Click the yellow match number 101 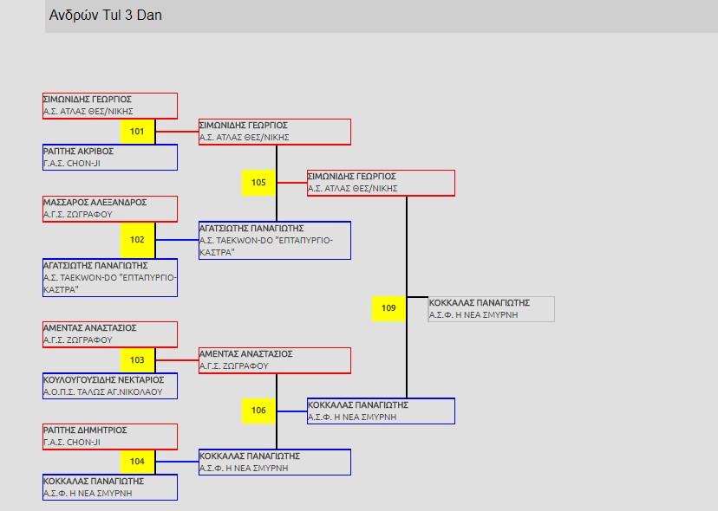click(137, 132)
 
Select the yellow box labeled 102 click(137, 240)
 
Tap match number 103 click(137, 360)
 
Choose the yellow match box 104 click(137, 462)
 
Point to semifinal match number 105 click(258, 183)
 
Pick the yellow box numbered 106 click(258, 411)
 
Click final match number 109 click(388, 308)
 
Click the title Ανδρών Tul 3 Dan click(106, 16)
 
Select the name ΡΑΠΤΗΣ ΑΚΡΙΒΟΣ click(78, 152)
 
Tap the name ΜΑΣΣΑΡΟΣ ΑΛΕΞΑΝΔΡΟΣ click(95, 203)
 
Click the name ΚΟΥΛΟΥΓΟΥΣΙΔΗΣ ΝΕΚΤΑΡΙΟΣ click(103, 379)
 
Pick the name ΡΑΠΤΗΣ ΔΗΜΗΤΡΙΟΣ click(85, 430)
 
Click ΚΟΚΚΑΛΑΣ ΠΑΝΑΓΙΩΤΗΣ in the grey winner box click(479, 303)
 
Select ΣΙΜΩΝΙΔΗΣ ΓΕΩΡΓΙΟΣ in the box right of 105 click(351, 177)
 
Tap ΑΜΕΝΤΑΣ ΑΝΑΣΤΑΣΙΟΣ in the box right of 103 click(245, 354)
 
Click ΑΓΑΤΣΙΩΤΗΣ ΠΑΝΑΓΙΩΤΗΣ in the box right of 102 click(251, 229)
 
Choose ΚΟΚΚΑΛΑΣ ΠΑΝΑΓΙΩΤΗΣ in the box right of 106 click(357, 404)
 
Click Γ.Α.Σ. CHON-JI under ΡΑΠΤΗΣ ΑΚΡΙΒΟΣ click(72, 163)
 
